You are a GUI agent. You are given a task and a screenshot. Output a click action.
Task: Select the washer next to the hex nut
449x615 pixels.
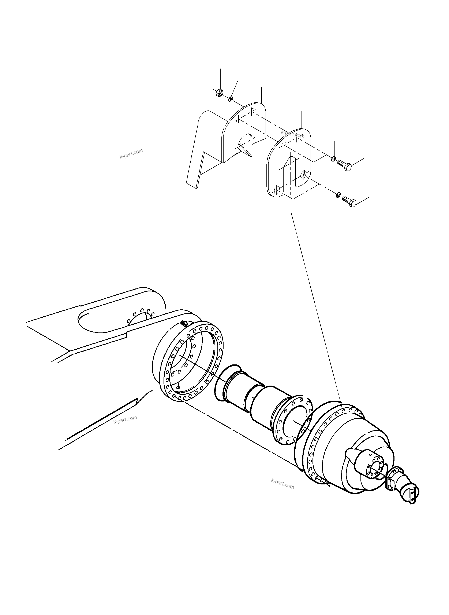(231, 99)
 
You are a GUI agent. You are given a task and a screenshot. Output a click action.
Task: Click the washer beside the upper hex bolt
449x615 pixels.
(334, 159)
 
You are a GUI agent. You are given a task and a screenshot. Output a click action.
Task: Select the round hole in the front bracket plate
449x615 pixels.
(304, 174)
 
